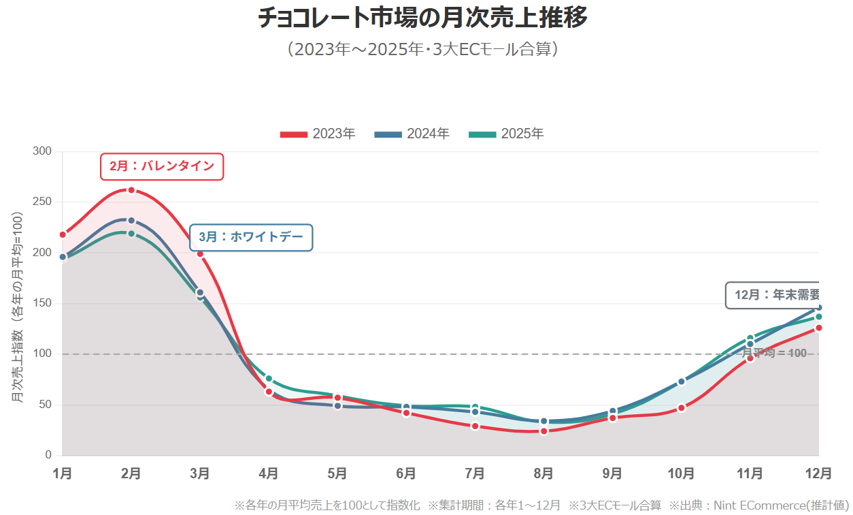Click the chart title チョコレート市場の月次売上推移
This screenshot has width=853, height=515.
422,18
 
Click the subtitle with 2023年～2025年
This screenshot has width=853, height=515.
422,50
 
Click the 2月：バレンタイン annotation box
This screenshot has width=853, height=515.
162,166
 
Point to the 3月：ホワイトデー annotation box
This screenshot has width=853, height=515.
251,237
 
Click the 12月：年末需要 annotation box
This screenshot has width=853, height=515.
773,295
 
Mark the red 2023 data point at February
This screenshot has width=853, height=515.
131,190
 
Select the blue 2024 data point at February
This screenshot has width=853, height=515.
131,221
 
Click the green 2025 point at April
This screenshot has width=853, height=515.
269,379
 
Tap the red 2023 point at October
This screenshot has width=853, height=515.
681,408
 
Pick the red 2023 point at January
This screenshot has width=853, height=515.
63,234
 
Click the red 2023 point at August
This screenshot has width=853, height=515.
543,431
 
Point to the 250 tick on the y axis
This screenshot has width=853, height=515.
43,202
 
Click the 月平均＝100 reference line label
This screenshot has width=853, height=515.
774,354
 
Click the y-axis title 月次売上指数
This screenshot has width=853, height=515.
18,307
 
